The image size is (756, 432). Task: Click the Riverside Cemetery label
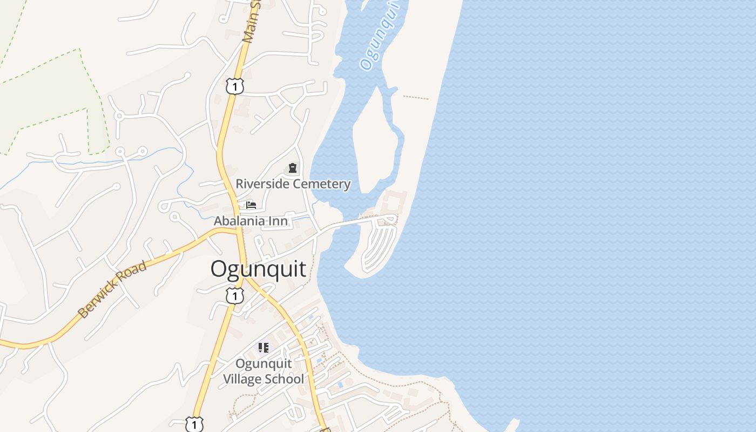coord(293,184)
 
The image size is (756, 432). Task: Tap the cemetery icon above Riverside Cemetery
coord(293,168)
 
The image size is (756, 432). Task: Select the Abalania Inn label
coord(251,221)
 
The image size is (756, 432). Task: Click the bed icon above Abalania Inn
coord(251,205)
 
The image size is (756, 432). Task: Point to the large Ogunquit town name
coord(258,269)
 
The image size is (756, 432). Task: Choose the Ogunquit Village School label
coord(264,371)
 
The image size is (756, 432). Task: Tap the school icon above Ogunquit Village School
coord(264,348)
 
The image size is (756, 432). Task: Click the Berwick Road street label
coord(112,289)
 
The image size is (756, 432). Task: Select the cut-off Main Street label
coord(251,22)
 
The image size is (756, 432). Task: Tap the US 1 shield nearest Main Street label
coord(235,86)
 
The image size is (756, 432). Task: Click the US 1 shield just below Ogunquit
coord(235,296)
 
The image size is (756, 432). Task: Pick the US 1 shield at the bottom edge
coord(194,424)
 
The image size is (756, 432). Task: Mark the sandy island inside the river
coord(375,146)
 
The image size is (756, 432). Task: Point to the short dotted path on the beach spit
coord(416,98)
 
